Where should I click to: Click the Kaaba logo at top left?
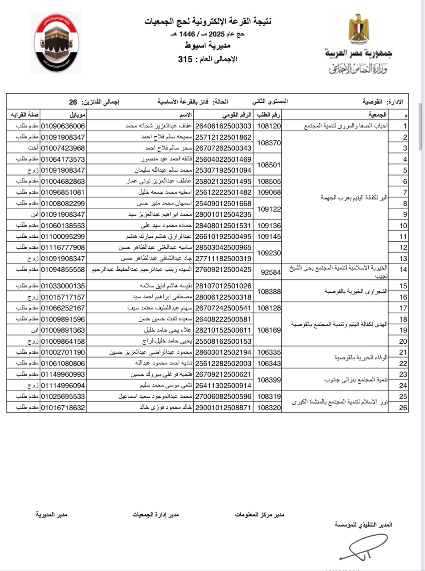coord(56,43)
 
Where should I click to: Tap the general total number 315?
coord(185,59)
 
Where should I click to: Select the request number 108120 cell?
coord(269,126)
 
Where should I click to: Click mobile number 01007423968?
coord(63,148)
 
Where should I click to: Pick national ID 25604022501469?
coord(223,159)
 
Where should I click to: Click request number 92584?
coord(271,272)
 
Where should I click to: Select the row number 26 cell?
coord(403,408)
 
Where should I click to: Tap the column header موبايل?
coord(77,115)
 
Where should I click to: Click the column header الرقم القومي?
coord(237,115)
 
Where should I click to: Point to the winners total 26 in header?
coord(73,102)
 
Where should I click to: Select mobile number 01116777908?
coord(63,247)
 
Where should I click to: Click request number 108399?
coord(269,380)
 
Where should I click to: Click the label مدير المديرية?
coord(51,514)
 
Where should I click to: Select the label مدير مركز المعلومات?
coord(260,514)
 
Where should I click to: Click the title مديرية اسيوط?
coord(208,45)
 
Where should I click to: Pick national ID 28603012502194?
coord(223,352)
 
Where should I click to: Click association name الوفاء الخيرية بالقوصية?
coord(360,358)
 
